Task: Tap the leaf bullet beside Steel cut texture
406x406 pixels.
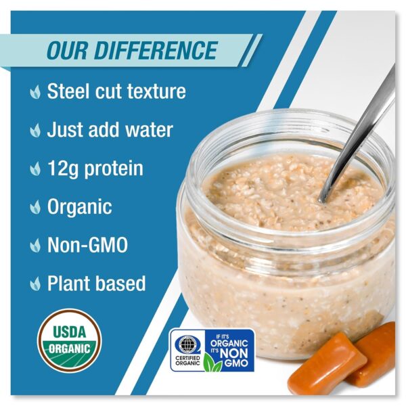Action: click(x=35, y=91)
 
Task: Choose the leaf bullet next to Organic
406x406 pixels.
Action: click(x=35, y=207)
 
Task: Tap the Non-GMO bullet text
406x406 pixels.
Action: click(x=87, y=245)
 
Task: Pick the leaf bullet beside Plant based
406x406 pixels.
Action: click(x=35, y=284)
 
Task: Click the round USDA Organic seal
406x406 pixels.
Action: click(x=70, y=341)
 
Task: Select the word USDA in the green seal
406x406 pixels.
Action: click(x=70, y=332)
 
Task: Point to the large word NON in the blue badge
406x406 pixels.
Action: click(x=234, y=353)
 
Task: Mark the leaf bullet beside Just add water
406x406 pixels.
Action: click(x=35, y=130)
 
